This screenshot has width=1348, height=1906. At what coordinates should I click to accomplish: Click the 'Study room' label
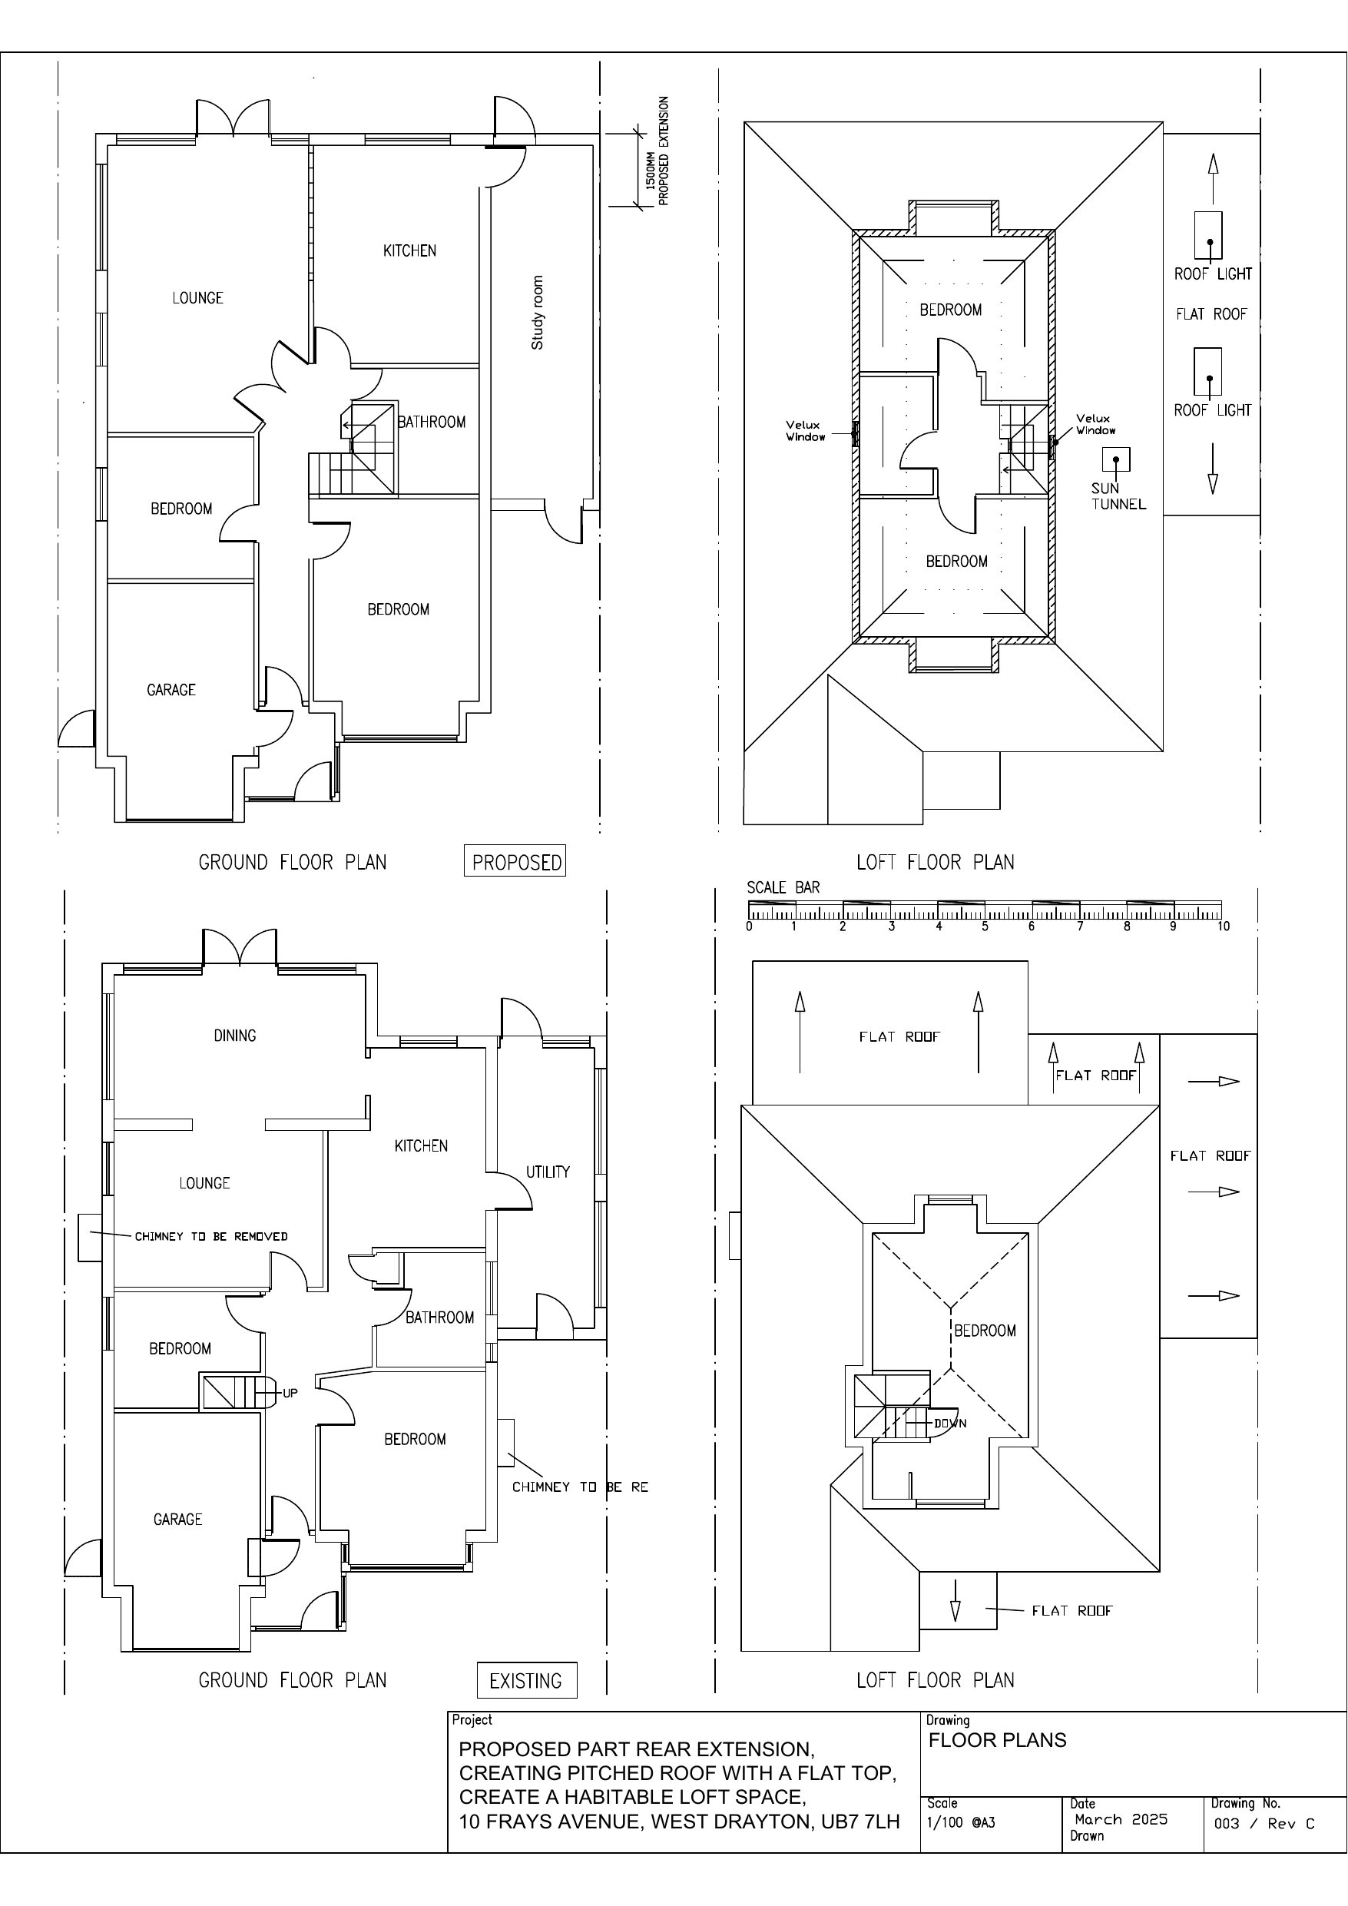point(537,313)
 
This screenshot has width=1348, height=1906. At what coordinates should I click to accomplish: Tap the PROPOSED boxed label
point(515,862)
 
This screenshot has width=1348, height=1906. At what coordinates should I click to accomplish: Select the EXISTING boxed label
point(526,1680)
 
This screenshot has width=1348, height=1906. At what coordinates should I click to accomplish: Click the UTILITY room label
point(548,1172)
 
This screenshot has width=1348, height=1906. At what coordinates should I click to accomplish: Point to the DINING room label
point(235,1035)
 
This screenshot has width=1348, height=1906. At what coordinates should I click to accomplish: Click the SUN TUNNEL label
point(1118,496)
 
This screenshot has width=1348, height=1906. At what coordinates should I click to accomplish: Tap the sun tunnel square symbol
point(1115,460)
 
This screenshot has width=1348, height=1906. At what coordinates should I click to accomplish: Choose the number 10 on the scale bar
point(1224,926)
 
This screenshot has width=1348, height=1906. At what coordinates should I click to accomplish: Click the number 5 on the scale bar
point(985,926)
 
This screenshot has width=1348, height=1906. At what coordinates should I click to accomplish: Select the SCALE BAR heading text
point(783,887)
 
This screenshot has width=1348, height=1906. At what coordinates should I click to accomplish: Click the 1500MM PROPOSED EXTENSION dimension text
point(657,151)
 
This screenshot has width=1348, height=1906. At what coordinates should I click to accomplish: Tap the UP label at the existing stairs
point(290,1393)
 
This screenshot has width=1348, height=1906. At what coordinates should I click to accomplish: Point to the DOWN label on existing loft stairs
point(950,1423)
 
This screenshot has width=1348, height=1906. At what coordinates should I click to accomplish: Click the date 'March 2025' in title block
point(1121,1820)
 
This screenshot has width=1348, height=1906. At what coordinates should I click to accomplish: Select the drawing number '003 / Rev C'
point(1264,1823)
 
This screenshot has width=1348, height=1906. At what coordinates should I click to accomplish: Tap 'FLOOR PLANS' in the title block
point(997,1740)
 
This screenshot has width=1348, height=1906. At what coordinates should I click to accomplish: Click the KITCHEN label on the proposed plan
point(409,250)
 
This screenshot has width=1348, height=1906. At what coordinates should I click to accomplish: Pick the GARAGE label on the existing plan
point(177,1519)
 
